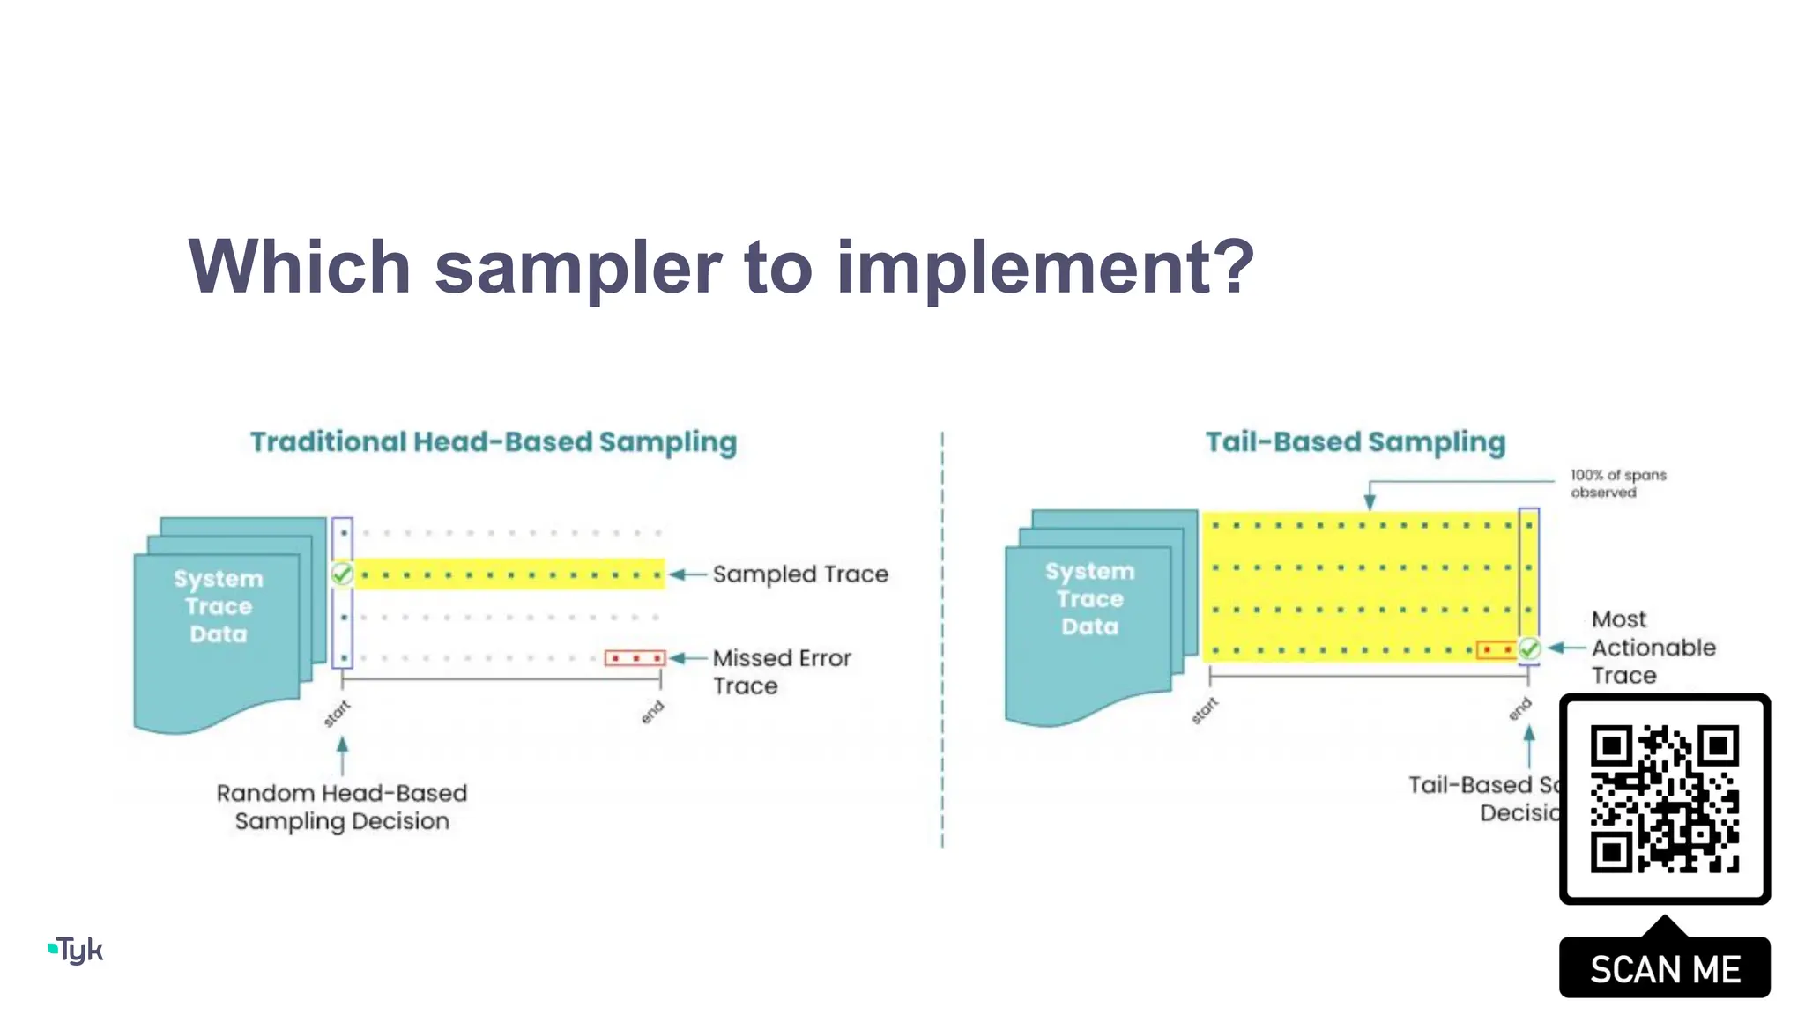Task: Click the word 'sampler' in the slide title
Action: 578,268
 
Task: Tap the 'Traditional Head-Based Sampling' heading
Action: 493,441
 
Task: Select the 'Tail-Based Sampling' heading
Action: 1355,441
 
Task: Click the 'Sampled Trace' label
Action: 800,574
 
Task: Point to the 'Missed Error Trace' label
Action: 781,671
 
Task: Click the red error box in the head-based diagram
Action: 635,658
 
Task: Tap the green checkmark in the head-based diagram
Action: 342,574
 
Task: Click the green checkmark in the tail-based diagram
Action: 1529,649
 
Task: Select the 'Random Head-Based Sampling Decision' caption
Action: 342,807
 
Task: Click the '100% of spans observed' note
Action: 1617,484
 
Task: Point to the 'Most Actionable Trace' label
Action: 1653,648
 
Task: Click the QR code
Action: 1664,799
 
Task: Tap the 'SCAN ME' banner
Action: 1664,969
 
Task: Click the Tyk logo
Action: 76,951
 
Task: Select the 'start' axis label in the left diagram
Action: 336,714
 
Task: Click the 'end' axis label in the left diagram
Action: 652,712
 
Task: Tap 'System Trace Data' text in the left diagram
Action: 219,606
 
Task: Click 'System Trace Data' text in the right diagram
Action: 1090,599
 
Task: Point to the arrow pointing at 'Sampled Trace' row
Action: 688,574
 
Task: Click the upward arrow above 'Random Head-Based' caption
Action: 342,756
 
